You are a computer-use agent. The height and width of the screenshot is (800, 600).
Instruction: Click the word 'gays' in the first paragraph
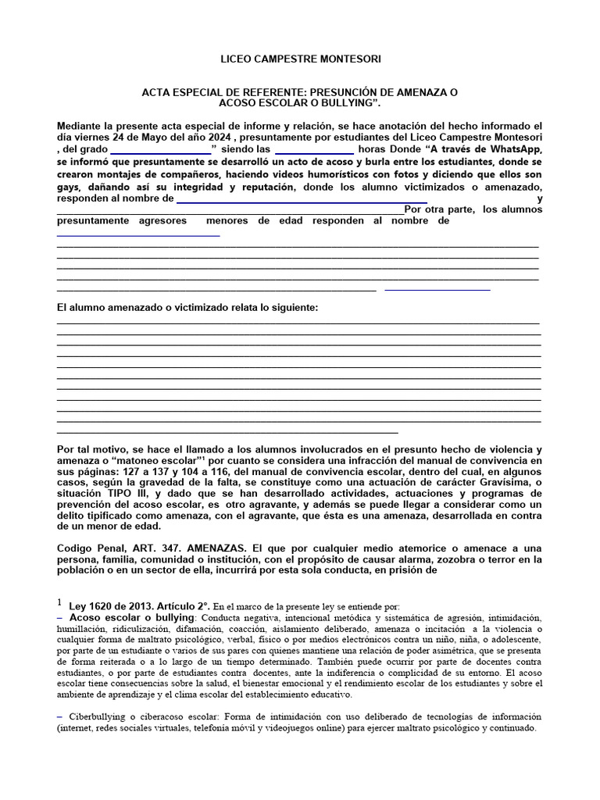(x=70, y=187)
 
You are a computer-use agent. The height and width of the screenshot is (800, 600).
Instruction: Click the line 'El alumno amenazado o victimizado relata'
(x=187, y=308)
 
